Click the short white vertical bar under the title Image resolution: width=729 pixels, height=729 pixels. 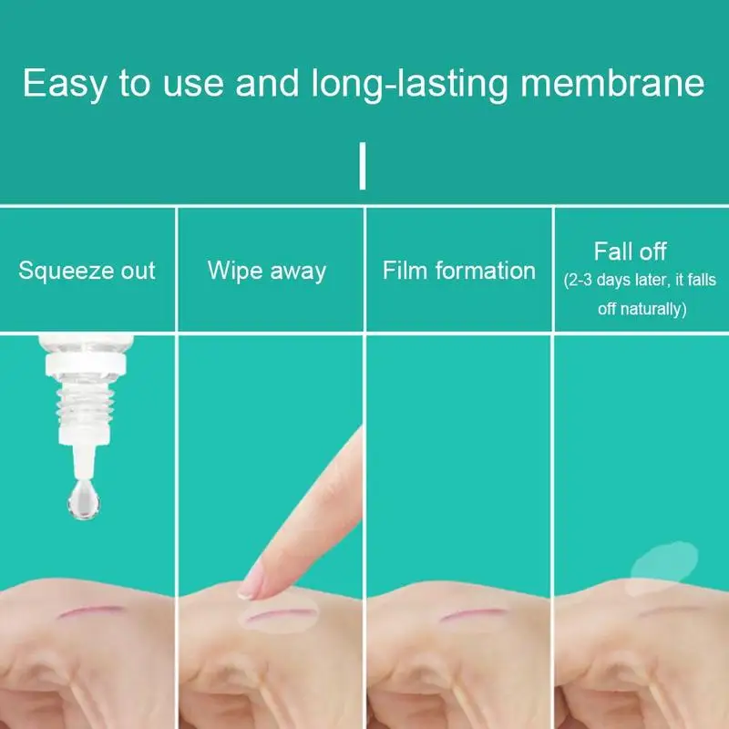[x=364, y=165]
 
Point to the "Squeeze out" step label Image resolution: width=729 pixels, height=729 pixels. [x=87, y=271]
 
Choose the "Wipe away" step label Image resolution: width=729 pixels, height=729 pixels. [x=266, y=271]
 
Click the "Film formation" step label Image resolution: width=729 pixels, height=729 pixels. [x=458, y=271]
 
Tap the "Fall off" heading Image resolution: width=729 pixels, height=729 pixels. [x=631, y=252]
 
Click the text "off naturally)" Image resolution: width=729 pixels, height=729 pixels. [x=641, y=309]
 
